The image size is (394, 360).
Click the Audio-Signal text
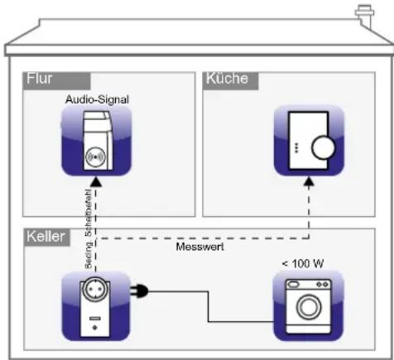tap(97, 98)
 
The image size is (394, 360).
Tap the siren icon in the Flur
tap(97, 141)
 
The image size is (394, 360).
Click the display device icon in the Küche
tap(309, 141)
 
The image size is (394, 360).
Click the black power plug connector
tap(142, 290)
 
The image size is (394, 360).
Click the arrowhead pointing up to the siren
tap(97, 181)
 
